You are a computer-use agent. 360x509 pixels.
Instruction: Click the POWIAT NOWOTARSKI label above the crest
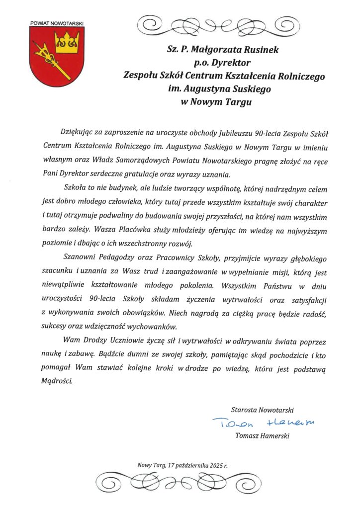(x=57, y=23)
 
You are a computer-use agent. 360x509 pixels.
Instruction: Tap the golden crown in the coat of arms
(x=67, y=44)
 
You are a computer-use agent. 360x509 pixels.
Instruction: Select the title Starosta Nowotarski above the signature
(x=263, y=410)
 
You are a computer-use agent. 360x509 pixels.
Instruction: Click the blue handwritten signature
(x=264, y=423)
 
